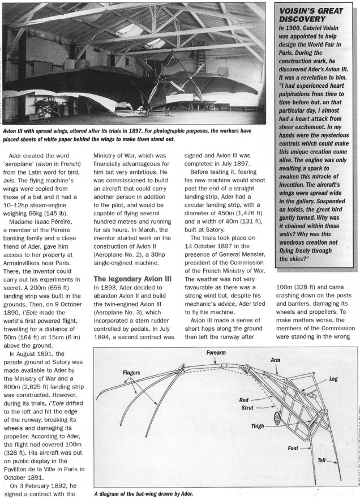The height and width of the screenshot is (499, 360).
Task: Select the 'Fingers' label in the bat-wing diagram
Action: point(132,373)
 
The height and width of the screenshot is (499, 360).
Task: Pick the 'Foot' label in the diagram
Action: point(293,449)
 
